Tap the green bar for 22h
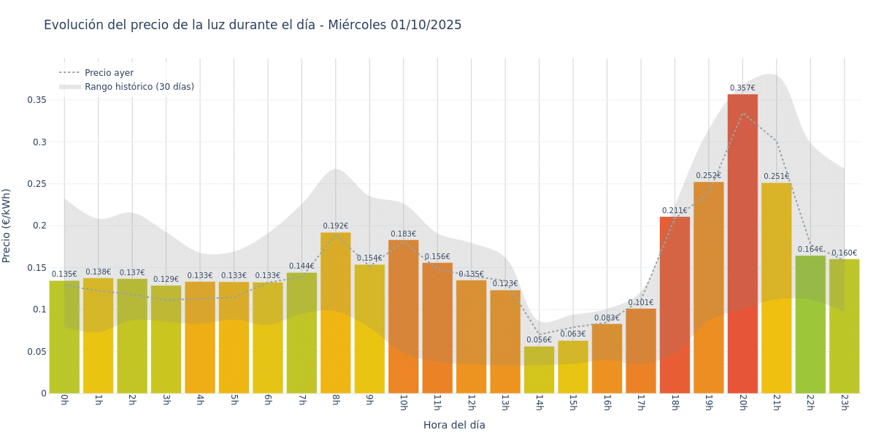(x=810, y=324)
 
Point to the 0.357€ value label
(x=742, y=88)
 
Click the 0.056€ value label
(x=539, y=340)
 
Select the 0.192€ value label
(x=335, y=226)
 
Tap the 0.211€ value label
(x=675, y=211)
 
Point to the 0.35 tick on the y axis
(x=36, y=100)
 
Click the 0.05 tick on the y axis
(x=36, y=351)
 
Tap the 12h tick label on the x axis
(x=471, y=402)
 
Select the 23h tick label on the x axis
(x=844, y=402)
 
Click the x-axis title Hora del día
(x=454, y=425)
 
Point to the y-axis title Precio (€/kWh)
(x=7, y=226)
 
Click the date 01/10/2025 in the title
(x=426, y=25)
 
